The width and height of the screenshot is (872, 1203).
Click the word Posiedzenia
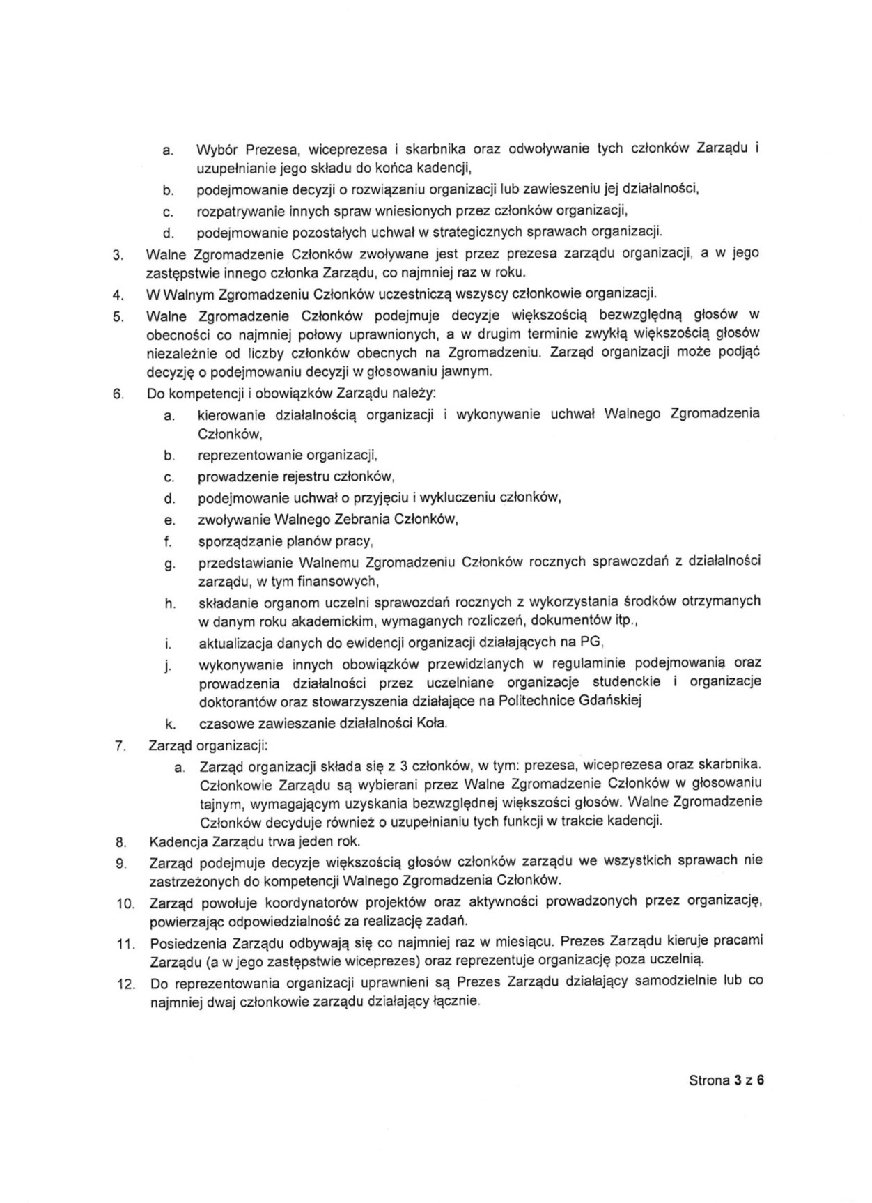tap(188, 942)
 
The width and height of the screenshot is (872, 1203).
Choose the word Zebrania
tap(365, 519)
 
